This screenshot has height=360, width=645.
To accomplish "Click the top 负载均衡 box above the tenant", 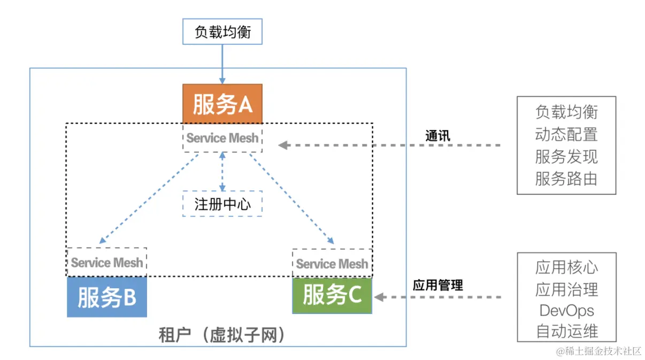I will point(222,32).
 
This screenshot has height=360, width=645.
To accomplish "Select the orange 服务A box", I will point(222,104).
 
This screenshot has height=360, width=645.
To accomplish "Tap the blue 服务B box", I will point(107,297).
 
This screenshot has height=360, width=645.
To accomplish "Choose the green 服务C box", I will point(332,295).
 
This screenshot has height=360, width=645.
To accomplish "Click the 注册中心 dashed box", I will point(222,204).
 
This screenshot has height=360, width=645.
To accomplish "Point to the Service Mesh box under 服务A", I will point(222,138).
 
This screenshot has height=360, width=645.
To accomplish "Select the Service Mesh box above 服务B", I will point(107,262).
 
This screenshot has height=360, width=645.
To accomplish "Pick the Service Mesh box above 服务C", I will point(332,263).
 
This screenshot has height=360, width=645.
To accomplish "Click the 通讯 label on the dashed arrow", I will point(437,135).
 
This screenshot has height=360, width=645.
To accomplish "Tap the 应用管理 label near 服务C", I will point(437,285).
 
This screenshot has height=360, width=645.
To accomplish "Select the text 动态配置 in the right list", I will point(566,134).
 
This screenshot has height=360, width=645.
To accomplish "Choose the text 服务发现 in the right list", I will point(566,156).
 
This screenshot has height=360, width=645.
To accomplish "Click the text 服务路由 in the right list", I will point(566,178).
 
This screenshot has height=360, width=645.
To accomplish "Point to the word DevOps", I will point(566,310).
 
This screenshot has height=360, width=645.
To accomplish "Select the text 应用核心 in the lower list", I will point(566,267).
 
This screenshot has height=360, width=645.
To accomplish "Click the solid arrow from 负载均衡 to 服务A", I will point(222,64).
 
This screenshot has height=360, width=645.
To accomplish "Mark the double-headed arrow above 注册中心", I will point(222,171).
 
